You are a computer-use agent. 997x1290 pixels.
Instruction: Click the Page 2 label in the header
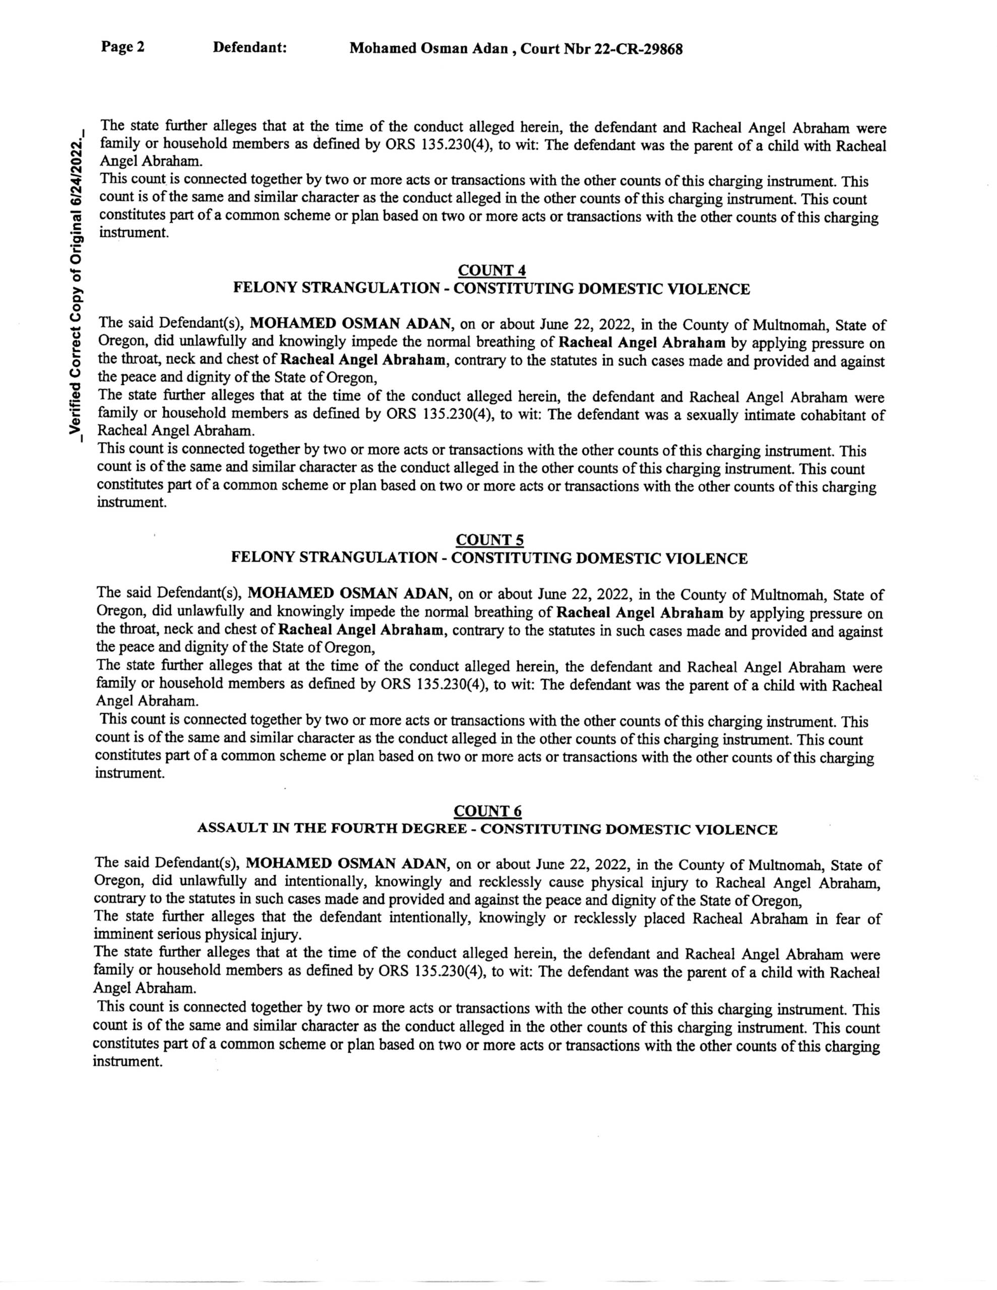(x=123, y=47)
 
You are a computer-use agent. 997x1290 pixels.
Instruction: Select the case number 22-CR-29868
(x=638, y=49)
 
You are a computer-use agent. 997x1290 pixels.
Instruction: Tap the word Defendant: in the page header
(x=250, y=47)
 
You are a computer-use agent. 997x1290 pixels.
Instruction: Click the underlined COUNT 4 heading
(x=492, y=270)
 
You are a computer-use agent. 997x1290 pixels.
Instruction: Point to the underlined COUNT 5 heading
(x=490, y=540)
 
